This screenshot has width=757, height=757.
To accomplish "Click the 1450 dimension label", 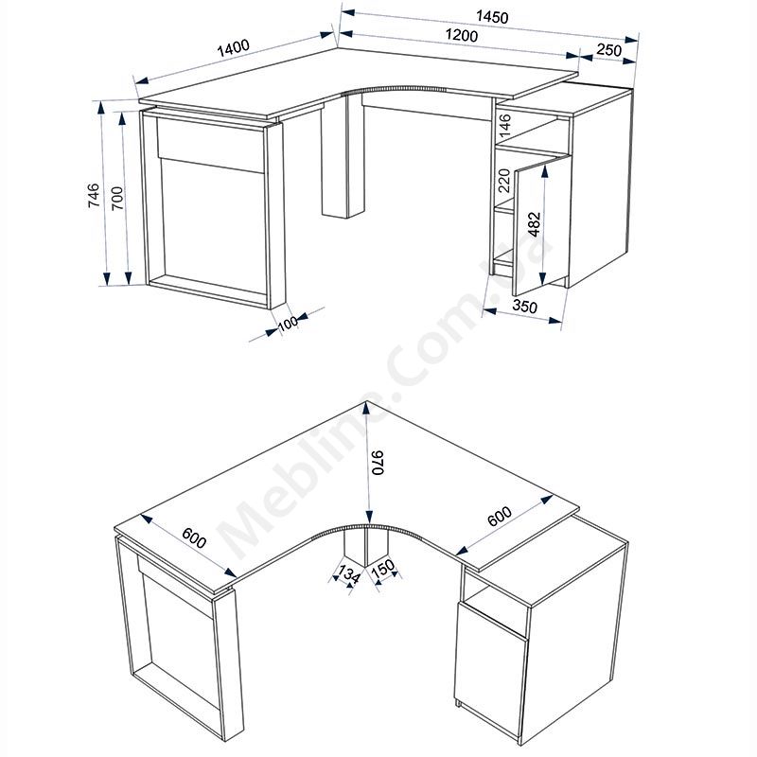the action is coord(492,17).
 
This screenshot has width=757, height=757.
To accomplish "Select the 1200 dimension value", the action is coord(462,35).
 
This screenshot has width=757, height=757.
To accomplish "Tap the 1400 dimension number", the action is coord(233,48).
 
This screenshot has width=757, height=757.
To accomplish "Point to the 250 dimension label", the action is coord(609,49).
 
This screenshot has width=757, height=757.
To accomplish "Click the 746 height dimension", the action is coord(94,195).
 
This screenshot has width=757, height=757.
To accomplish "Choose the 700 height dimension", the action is coord(117,198).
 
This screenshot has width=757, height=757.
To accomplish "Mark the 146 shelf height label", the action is coord(504,125).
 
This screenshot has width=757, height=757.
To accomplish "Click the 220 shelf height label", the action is coord(504,180).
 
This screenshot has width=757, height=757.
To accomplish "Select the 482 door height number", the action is coord(535,224).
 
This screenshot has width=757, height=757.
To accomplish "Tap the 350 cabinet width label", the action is coord(525,306).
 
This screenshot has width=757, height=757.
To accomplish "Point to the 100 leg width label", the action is coord(288,323).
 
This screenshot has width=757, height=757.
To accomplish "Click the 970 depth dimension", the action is coord(377,463).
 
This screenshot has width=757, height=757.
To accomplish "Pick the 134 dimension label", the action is coord(348,574).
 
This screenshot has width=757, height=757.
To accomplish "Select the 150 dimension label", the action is coord(383,569).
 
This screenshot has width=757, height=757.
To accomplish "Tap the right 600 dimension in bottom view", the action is coord(500,516).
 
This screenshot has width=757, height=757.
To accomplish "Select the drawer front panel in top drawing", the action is coord(211,145).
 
